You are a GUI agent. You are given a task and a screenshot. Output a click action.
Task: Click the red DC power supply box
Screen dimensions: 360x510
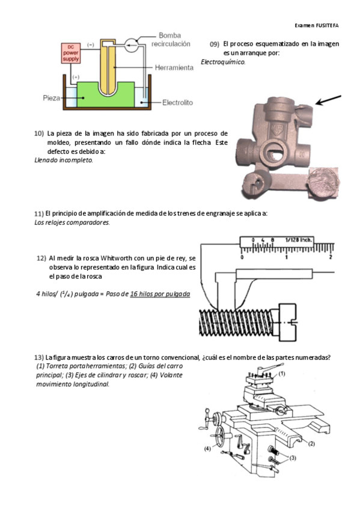(71, 53)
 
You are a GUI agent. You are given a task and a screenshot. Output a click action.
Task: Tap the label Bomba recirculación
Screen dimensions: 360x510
(171, 39)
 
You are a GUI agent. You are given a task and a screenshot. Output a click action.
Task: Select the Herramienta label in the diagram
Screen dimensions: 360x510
(174, 67)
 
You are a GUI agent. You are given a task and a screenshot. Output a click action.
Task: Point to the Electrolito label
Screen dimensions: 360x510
(177, 102)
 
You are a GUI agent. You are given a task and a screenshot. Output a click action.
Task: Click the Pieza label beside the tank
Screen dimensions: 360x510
(51, 98)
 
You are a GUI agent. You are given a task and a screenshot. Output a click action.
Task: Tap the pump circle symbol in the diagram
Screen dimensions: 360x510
(132, 46)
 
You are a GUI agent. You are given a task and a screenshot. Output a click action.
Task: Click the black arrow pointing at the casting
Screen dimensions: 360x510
(328, 100)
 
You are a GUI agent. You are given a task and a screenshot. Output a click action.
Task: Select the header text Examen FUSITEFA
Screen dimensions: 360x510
(317, 25)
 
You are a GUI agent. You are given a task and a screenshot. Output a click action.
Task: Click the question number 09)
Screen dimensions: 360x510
(215, 45)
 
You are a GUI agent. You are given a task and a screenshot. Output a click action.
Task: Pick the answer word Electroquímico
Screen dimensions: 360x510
(223, 62)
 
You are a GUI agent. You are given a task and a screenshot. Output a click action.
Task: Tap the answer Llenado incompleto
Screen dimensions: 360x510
(64, 160)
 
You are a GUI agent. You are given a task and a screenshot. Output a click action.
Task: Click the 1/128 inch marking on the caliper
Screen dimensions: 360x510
(299, 240)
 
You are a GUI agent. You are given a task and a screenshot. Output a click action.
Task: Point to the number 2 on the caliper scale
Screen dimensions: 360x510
(331, 257)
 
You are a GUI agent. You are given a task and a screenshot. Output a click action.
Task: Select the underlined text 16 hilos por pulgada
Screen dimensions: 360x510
(160, 294)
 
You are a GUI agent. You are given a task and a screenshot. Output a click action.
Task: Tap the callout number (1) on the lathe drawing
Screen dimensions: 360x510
(282, 373)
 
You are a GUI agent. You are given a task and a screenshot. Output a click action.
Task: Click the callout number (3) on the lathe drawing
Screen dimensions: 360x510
(293, 458)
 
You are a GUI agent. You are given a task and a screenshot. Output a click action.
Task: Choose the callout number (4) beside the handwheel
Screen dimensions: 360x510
(207, 449)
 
